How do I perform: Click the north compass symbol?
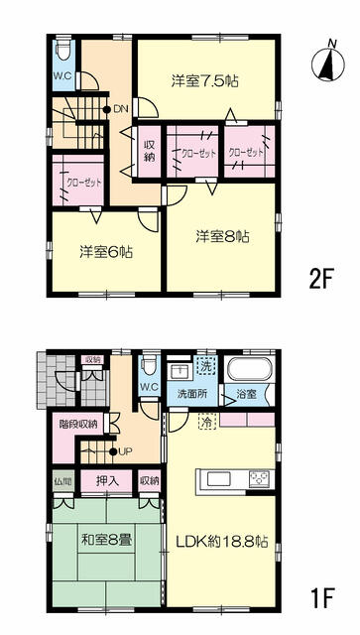[328, 63]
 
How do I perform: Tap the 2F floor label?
[320, 280]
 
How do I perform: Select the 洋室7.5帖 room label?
[204, 82]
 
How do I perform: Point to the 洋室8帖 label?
[222, 236]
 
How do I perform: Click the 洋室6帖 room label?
[106, 253]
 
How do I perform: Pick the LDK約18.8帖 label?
[221, 541]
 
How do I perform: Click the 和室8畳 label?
[107, 540]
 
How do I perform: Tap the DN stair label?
[121, 109]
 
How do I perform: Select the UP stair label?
[126, 451]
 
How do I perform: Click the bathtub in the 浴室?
[249, 369]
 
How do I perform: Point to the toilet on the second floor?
[63, 49]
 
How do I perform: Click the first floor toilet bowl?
[150, 364]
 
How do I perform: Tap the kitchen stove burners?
[260, 479]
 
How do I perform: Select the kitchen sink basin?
[218, 479]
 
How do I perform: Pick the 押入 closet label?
[107, 481]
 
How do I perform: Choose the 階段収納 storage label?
[78, 425]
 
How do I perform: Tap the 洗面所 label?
[192, 394]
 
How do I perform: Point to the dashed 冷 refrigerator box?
[207, 421]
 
